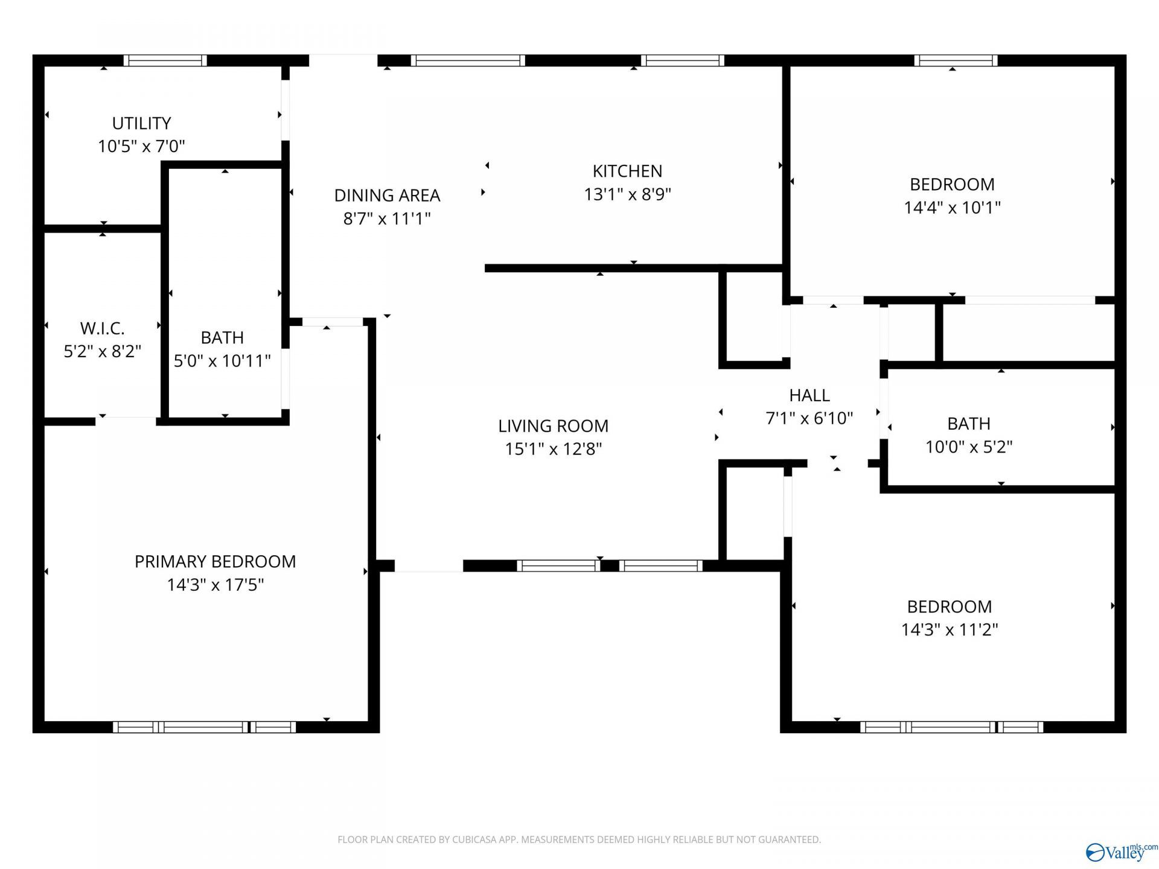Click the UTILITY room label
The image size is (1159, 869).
tap(141, 123)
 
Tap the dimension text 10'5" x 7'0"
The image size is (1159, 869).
tap(141, 146)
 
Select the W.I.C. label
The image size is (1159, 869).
tap(103, 328)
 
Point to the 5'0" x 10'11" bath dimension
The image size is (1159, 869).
tap(222, 361)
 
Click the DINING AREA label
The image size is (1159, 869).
tap(387, 196)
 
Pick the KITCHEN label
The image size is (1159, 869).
tap(627, 171)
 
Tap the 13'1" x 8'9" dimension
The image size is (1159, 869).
tap(627, 194)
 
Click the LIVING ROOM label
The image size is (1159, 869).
tap(553, 426)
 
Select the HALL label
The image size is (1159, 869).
tap(809, 395)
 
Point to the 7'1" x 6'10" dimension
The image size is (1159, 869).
tap(809, 418)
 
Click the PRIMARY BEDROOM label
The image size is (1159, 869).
tap(215, 562)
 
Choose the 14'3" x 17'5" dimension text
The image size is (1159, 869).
tap(215, 585)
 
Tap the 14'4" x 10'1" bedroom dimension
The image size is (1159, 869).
tap(952, 208)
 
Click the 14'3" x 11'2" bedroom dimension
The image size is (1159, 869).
tap(950, 630)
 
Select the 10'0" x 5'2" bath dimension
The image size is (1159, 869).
tap(969, 447)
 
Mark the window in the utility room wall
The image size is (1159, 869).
tap(165, 60)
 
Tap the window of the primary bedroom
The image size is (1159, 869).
tap(204, 727)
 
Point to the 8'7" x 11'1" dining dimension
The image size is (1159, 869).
tap(387, 218)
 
